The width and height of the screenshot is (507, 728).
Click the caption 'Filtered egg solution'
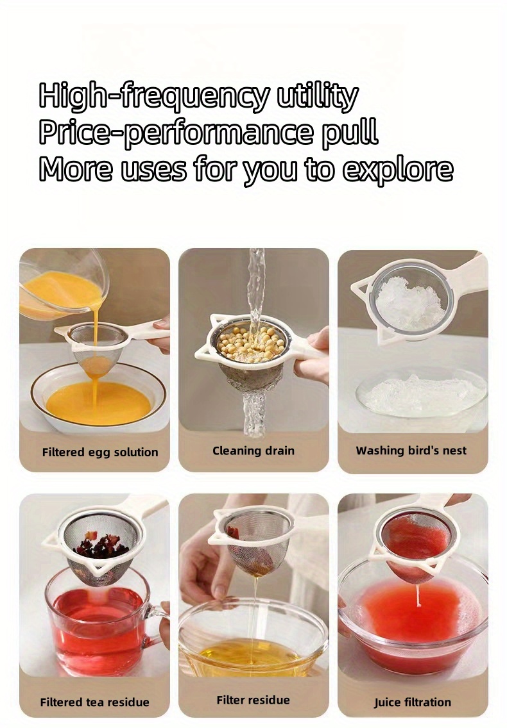100,452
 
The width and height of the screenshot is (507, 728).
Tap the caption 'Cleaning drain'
253,451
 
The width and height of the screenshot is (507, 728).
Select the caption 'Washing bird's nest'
411,451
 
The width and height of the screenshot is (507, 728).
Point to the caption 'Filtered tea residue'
95,702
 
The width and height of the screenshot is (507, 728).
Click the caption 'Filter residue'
253,700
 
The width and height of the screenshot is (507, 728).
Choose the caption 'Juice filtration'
413,702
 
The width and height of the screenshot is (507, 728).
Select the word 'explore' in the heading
398,169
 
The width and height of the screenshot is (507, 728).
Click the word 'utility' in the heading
318,96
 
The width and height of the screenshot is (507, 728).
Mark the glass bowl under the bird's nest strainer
422,394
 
